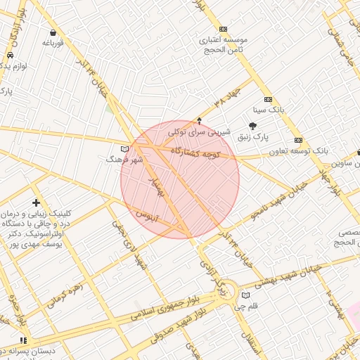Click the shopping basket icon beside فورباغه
(53, 32)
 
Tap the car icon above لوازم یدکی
(10, 55)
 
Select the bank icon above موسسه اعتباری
(223, 29)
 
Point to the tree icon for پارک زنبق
(252, 125)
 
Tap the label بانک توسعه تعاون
(298, 151)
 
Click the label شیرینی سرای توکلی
(199, 131)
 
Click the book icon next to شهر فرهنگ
(125, 149)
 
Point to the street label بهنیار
(155, 186)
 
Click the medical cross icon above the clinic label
(36, 202)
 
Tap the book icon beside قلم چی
(245, 295)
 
